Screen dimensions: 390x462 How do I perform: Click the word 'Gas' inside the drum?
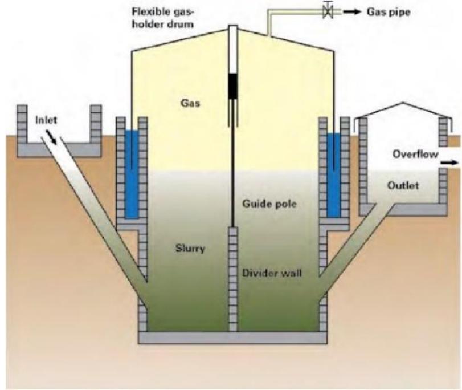[x=187, y=103]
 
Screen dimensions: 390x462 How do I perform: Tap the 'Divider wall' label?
[x=273, y=273]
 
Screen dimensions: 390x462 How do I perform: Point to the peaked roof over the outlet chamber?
[x=402, y=109]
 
